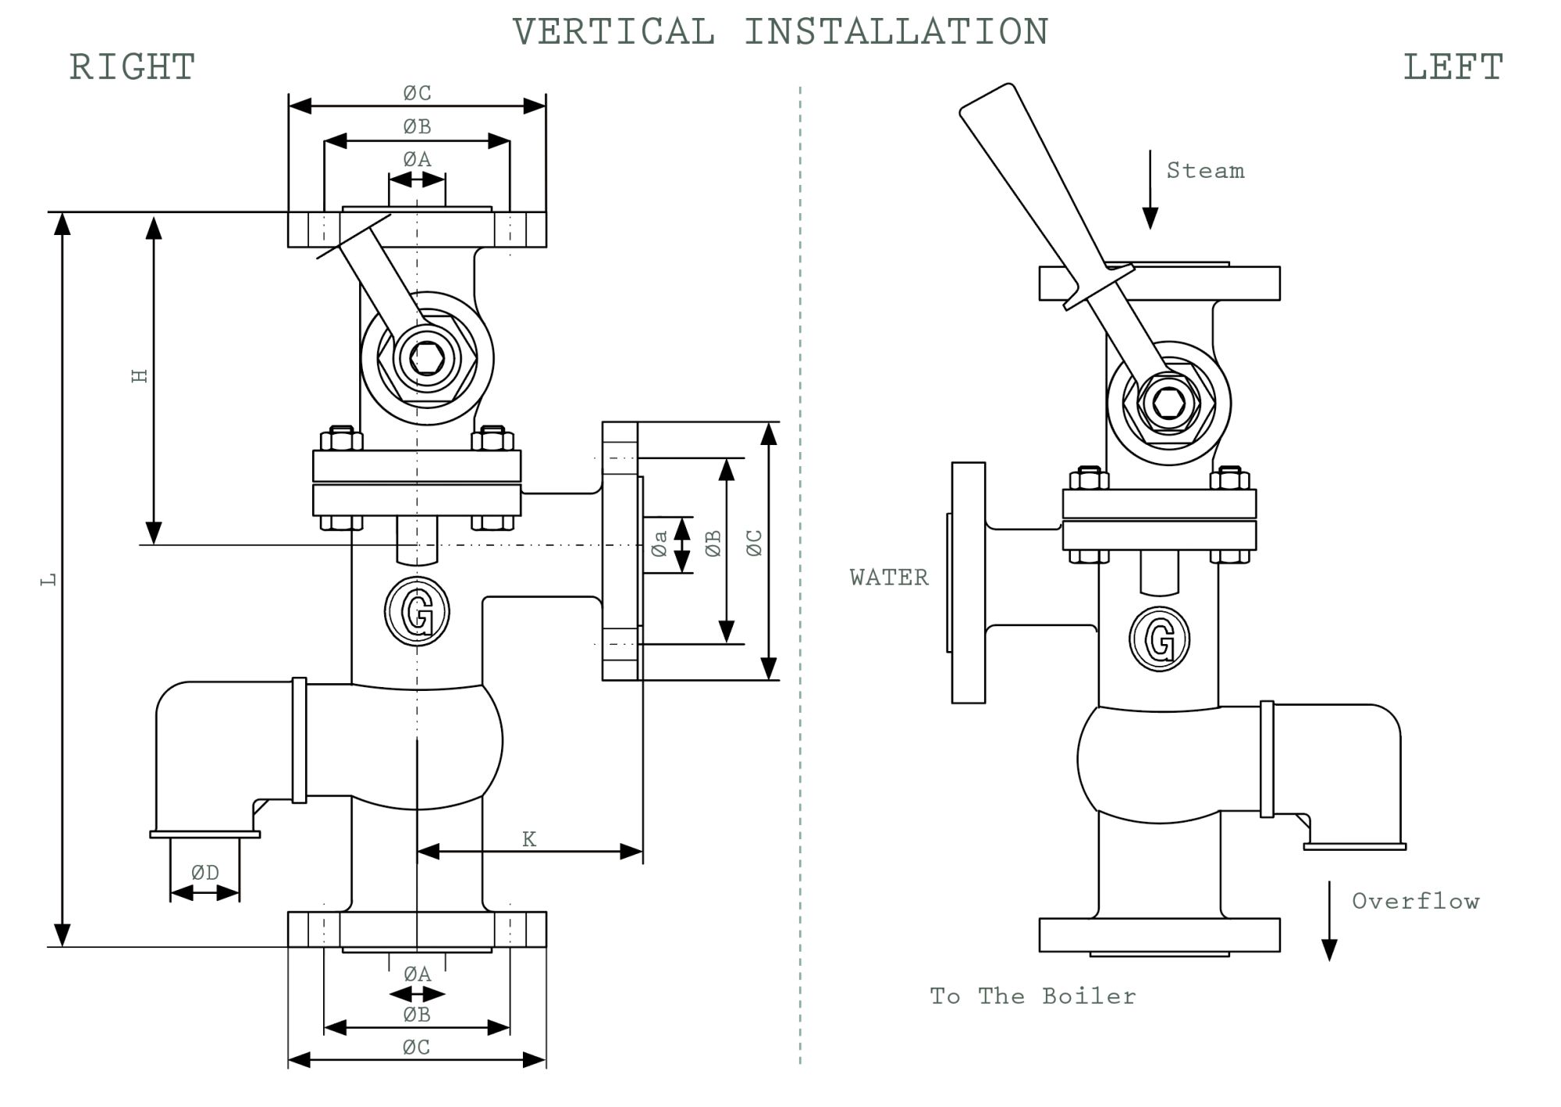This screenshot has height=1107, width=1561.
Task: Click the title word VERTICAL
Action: click(613, 32)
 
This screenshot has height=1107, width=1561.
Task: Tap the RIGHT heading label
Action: click(132, 67)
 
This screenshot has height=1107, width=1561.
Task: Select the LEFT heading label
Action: click(1453, 67)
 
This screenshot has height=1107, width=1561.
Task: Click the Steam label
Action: click(1205, 171)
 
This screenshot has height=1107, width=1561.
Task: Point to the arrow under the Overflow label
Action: click(1329, 921)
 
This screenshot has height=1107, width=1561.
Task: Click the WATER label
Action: click(889, 578)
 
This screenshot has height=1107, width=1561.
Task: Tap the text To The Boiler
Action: click(1033, 996)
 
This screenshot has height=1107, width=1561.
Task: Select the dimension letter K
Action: click(528, 839)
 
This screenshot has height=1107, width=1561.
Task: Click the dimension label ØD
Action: click(204, 873)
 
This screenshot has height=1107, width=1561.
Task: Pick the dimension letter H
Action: click(140, 376)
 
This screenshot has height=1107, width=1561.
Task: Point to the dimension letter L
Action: click(49, 579)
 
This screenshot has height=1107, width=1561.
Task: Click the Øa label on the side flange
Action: click(660, 544)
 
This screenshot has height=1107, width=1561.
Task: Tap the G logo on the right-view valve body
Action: click(417, 611)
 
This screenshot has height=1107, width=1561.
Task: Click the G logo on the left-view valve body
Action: click(1159, 639)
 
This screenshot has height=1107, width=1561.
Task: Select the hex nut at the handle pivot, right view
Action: click(426, 358)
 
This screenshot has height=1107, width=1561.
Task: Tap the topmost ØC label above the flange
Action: click(417, 94)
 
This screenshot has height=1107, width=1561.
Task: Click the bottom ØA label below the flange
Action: click(417, 974)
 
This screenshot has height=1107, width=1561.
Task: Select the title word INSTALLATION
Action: click(895, 32)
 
